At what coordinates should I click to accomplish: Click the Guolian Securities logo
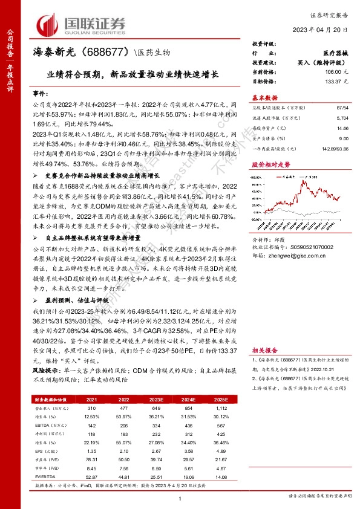click(81, 24)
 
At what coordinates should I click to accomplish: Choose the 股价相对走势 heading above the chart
click(270, 164)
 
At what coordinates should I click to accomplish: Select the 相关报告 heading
click(264, 351)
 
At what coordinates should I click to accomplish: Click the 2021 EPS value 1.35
click(92, 450)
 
